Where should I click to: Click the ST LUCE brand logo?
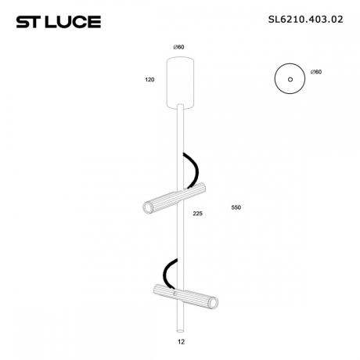(58, 21)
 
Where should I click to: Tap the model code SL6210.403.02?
(300, 20)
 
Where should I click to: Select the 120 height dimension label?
(149, 80)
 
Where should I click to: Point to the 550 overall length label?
(236, 207)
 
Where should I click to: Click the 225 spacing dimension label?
(197, 212)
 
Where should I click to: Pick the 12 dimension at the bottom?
(182, 341)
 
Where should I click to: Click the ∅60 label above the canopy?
(178, 48)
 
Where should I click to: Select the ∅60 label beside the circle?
(315, 71)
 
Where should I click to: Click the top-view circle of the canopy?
(288, 79)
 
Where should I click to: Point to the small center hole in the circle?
(288, 79)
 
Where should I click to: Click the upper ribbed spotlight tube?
(173, 197)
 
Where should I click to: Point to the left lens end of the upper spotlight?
(147, 207)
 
